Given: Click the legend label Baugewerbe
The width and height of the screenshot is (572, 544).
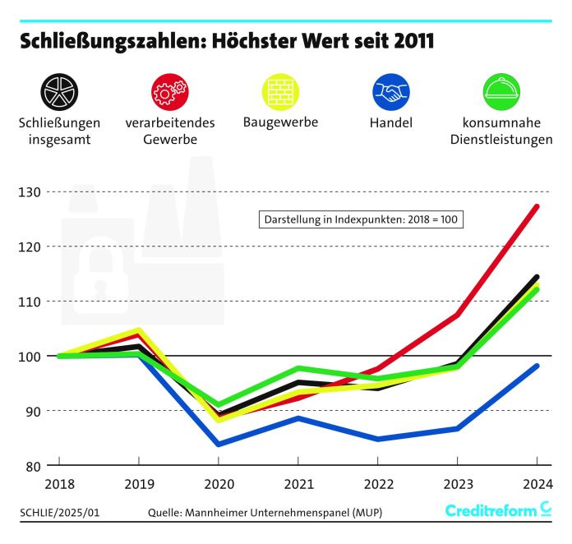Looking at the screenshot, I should pyautogui.click(x=280, y=122).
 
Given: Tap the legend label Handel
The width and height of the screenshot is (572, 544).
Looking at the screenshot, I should pyautogui.click(x=391, y=123).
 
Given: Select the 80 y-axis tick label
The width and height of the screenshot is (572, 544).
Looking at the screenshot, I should pyautogui.click(x=34, y=466).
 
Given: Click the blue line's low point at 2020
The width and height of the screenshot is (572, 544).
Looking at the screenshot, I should pyautogui.click(x=219, y=445).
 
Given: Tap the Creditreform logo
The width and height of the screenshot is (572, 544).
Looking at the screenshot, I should pyautogui.click(x=498, y=511).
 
